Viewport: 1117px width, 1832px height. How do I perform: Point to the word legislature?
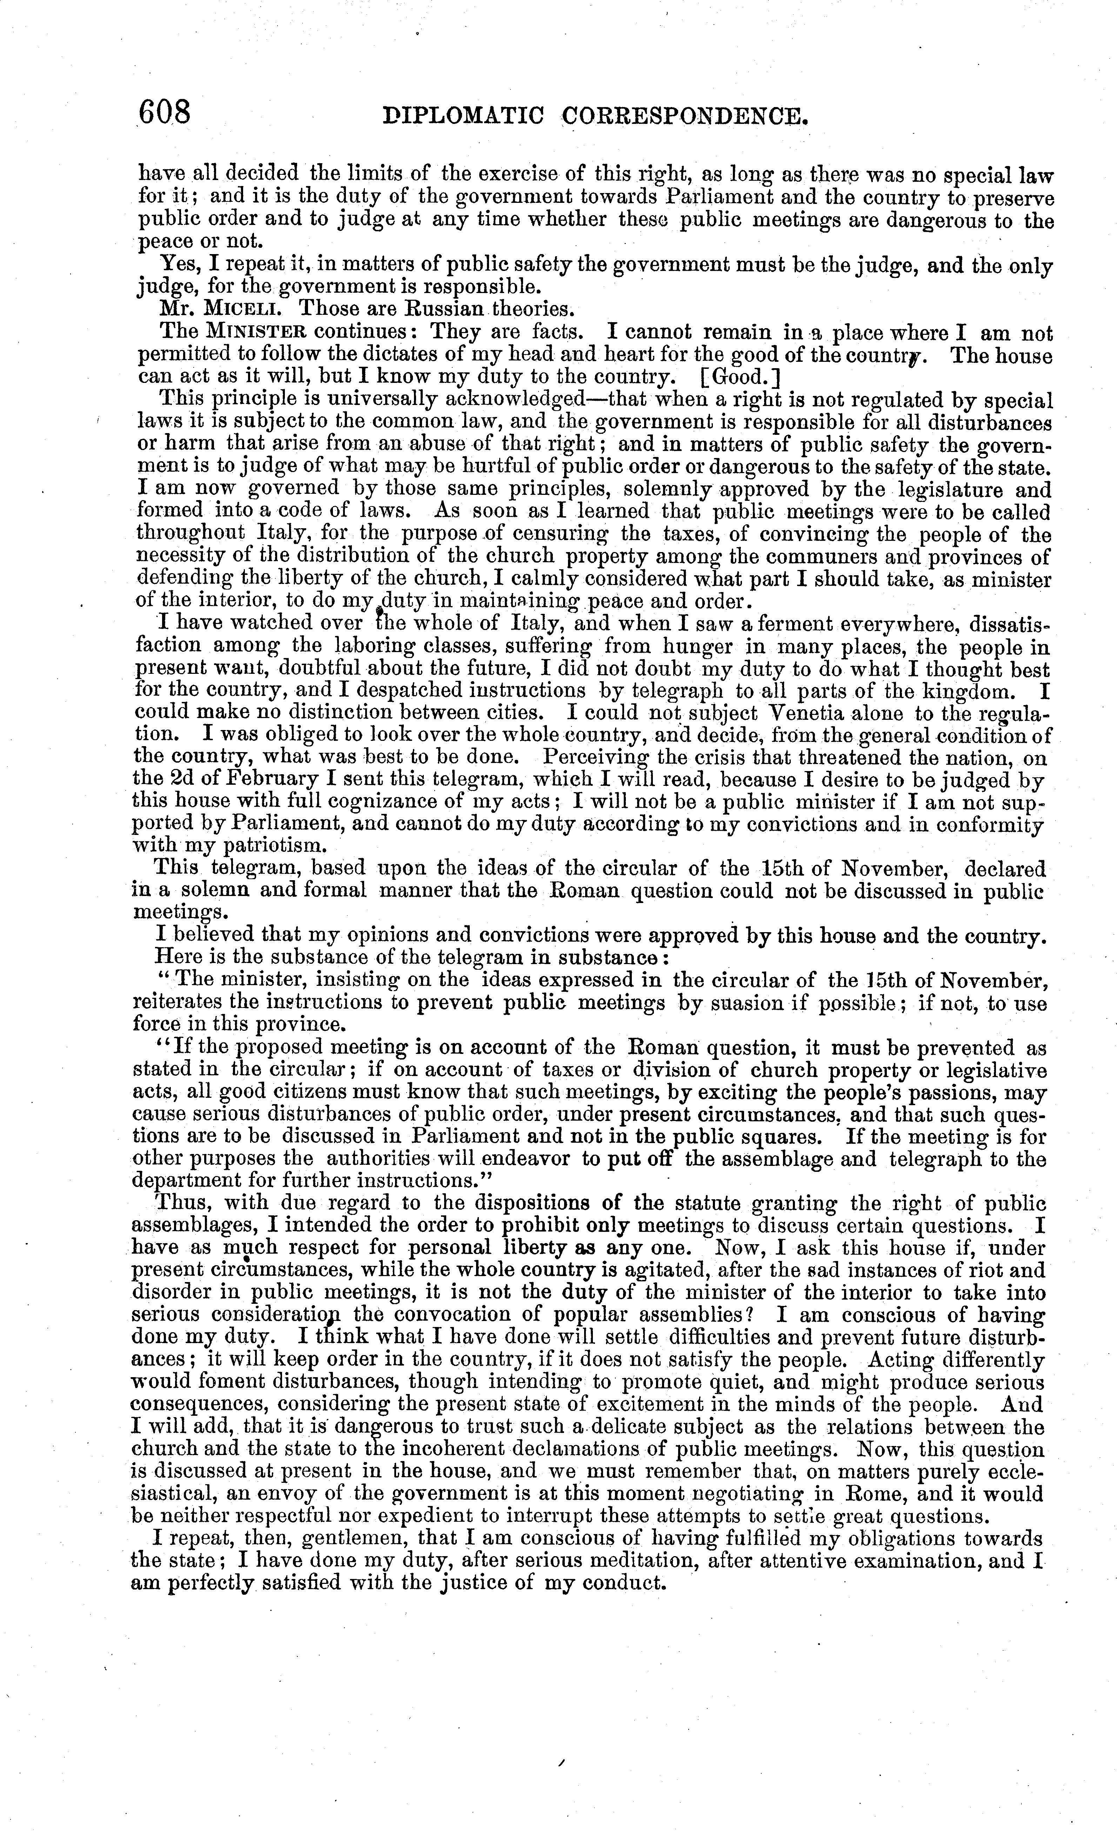tap(948, 490)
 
